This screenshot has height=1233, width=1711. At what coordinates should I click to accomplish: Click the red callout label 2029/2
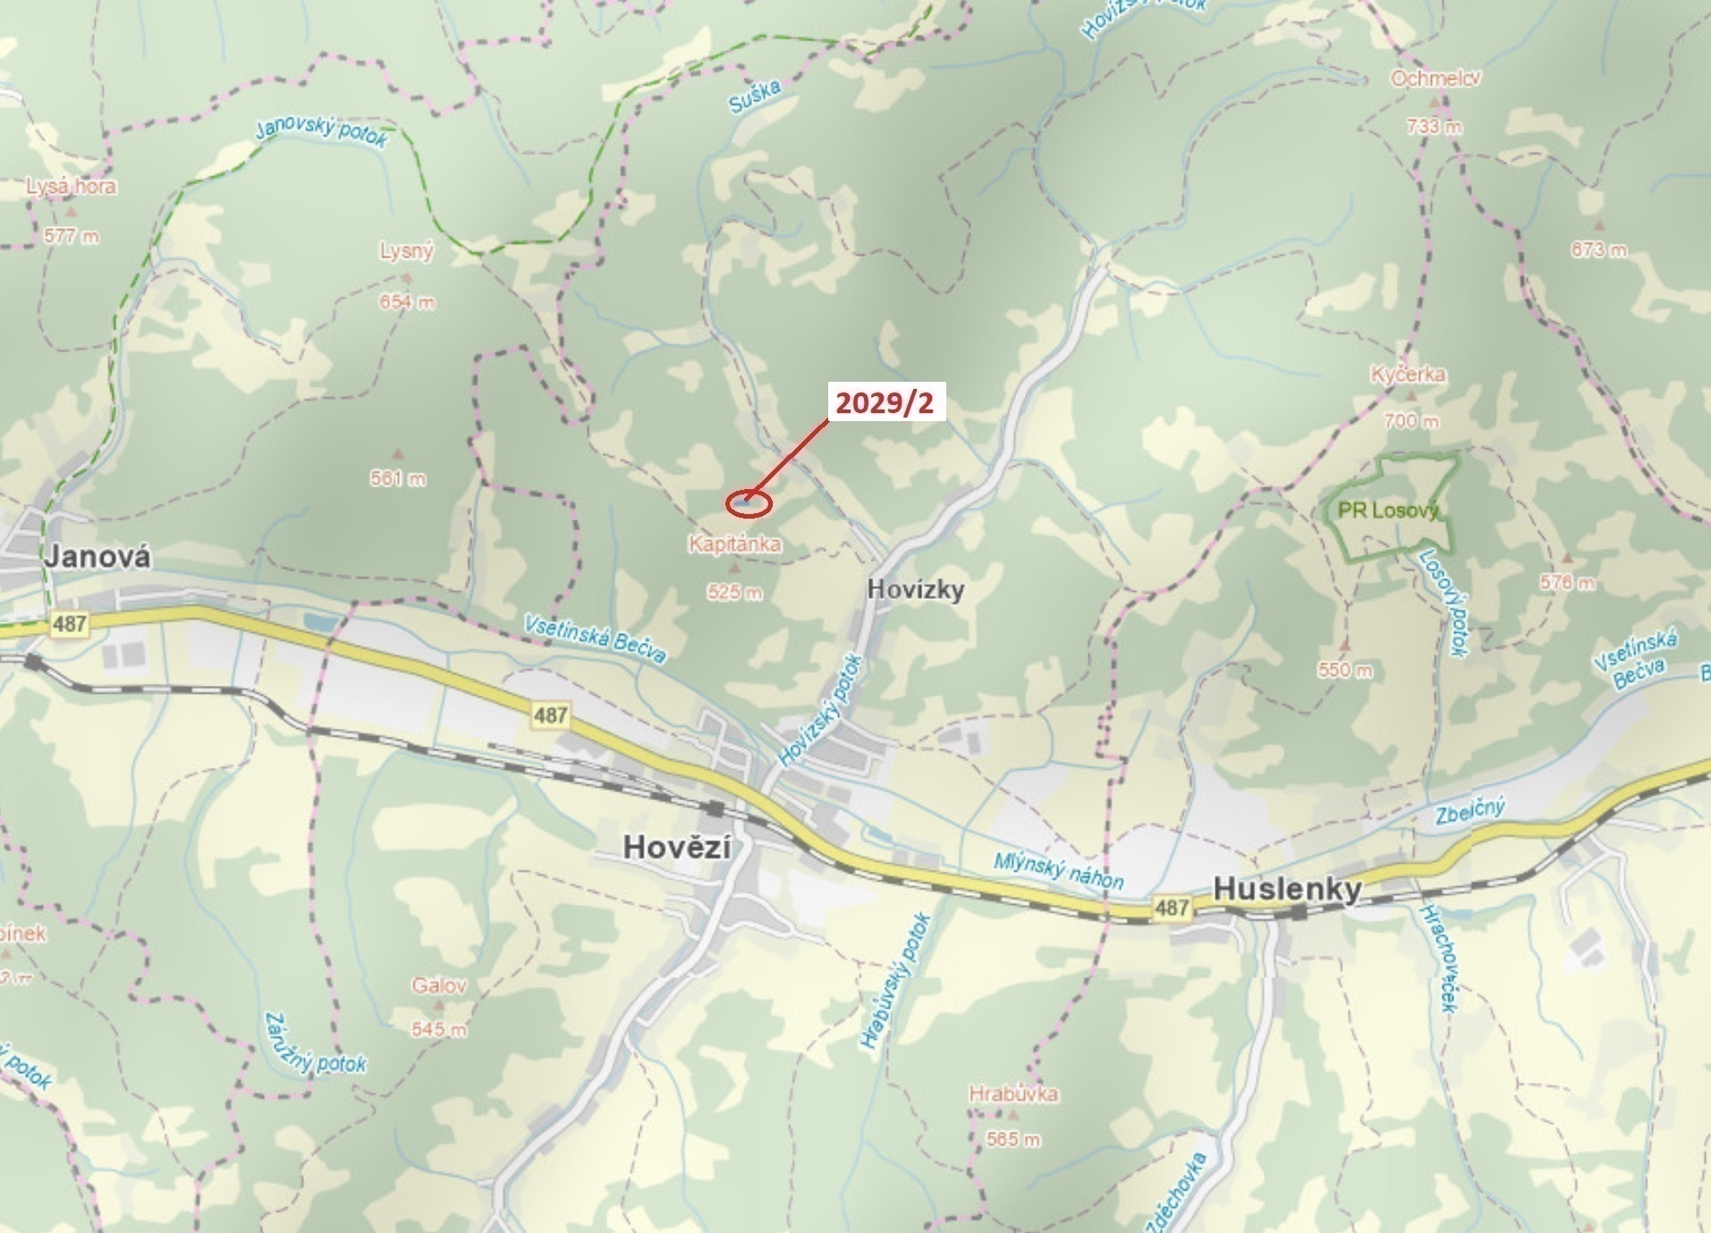click(884, 403)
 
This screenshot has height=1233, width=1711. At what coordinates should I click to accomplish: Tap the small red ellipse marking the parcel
click(748, 504)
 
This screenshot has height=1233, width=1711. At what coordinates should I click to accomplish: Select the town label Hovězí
click(677, 847)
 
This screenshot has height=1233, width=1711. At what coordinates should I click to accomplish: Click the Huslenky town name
click(1287, 889)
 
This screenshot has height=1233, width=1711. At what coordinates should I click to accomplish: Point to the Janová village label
click(98, 557)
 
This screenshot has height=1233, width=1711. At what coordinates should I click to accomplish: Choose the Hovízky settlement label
click(916, 590)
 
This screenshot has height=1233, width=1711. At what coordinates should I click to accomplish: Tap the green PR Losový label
click(1388, 511)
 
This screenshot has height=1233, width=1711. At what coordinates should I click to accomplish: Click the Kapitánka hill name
click(734, 544)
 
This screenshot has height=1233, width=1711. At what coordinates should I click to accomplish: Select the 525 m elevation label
click(734, 592)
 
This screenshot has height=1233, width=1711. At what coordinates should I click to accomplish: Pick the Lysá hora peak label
click(71, 187)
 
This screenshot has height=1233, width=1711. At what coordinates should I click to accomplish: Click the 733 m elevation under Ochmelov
click(1434, 127)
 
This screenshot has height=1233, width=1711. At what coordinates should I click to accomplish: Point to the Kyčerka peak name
click(1408, 374)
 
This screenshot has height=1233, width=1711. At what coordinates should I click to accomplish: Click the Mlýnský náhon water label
click(1058, 870)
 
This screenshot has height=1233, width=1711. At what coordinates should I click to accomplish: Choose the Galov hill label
click(439, 985)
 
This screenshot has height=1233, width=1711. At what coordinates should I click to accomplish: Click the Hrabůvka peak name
click(1013, 1094)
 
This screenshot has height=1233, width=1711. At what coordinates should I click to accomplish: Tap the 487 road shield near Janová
click(69, 623)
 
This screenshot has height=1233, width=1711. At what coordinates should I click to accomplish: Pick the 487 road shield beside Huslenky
click(1171, 908)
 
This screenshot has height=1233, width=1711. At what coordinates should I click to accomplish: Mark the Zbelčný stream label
click(1470, 812)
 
